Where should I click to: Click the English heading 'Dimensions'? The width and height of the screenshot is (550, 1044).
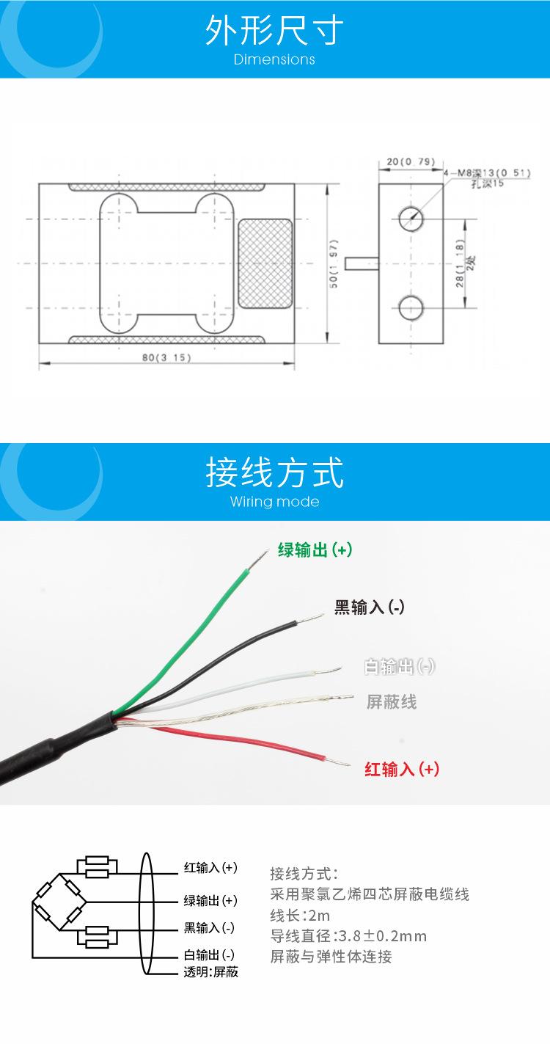pyautogui.click(x=274, y=59)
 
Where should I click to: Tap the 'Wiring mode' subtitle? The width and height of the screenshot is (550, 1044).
pyautogui.click(x=274, y=502)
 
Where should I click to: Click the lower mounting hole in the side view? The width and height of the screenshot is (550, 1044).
pyautogui.click(x=410, y=307)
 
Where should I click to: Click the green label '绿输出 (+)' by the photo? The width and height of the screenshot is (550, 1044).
pyautogui.click(x=315, y=550)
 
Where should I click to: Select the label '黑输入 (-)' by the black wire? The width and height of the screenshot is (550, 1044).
pyautogui.click(x=370, y=607)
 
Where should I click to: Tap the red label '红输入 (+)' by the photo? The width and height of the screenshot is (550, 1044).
pyautogui.click(x=402, y=769)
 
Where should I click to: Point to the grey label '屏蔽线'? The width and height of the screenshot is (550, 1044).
pyautogui.click(x=392, y=702)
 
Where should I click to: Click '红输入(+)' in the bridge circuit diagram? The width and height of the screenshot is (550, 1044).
pyautogui.click(x=210, y=868)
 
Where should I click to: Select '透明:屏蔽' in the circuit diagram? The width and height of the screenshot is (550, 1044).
pyautogui.click(x=210, y=972)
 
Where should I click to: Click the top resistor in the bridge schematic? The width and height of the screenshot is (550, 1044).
pyautogui.click(x=97, y=866)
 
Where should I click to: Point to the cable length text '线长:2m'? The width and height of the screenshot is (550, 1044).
pyautogui.click(x=300, y=915)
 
